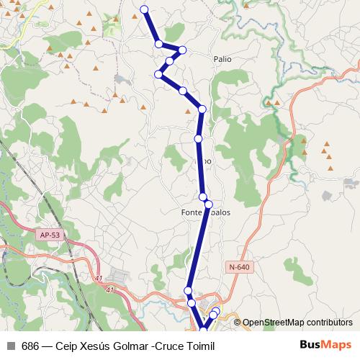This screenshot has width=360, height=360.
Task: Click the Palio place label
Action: pos(222,59)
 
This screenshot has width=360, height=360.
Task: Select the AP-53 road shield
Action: pos(49,235)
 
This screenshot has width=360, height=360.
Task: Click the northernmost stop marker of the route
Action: pos(145,9)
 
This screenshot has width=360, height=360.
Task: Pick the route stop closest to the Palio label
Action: pos(183,50)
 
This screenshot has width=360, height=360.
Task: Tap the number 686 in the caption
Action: pos(30,346)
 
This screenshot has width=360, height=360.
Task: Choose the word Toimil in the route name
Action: pos(200,346)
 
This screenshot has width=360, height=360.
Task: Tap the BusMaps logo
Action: pos(326,346)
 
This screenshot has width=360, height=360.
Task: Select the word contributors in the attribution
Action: pos(328,322)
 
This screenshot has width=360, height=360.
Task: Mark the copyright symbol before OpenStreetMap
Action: pos(237,322)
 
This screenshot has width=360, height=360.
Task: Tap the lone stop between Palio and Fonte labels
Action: pos(198,138)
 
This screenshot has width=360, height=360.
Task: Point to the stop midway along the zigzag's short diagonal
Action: pos(169,61)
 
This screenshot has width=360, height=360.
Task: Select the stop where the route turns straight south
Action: pos(202,109)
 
